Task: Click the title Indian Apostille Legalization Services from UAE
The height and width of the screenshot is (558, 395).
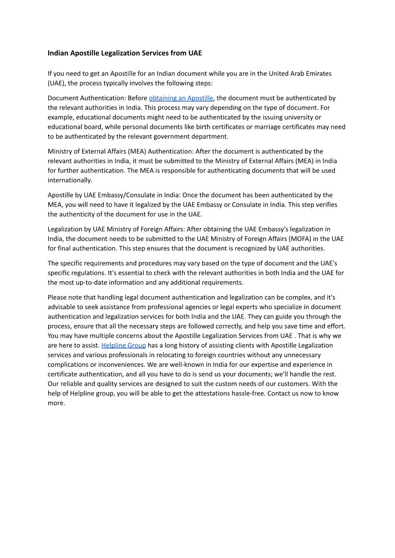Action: pyautogui.click(x=125, y=53)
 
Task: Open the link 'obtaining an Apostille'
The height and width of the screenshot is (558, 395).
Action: pyautogui.click(x=181, y=98)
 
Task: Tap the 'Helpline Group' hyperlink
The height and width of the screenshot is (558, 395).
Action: pyautogui.click(x=123, y=345)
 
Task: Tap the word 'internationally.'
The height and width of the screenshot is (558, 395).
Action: pyautogui.click(x=70, y=180)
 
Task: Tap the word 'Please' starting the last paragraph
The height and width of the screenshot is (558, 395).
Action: pyautogui.click(x=57, y=297)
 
